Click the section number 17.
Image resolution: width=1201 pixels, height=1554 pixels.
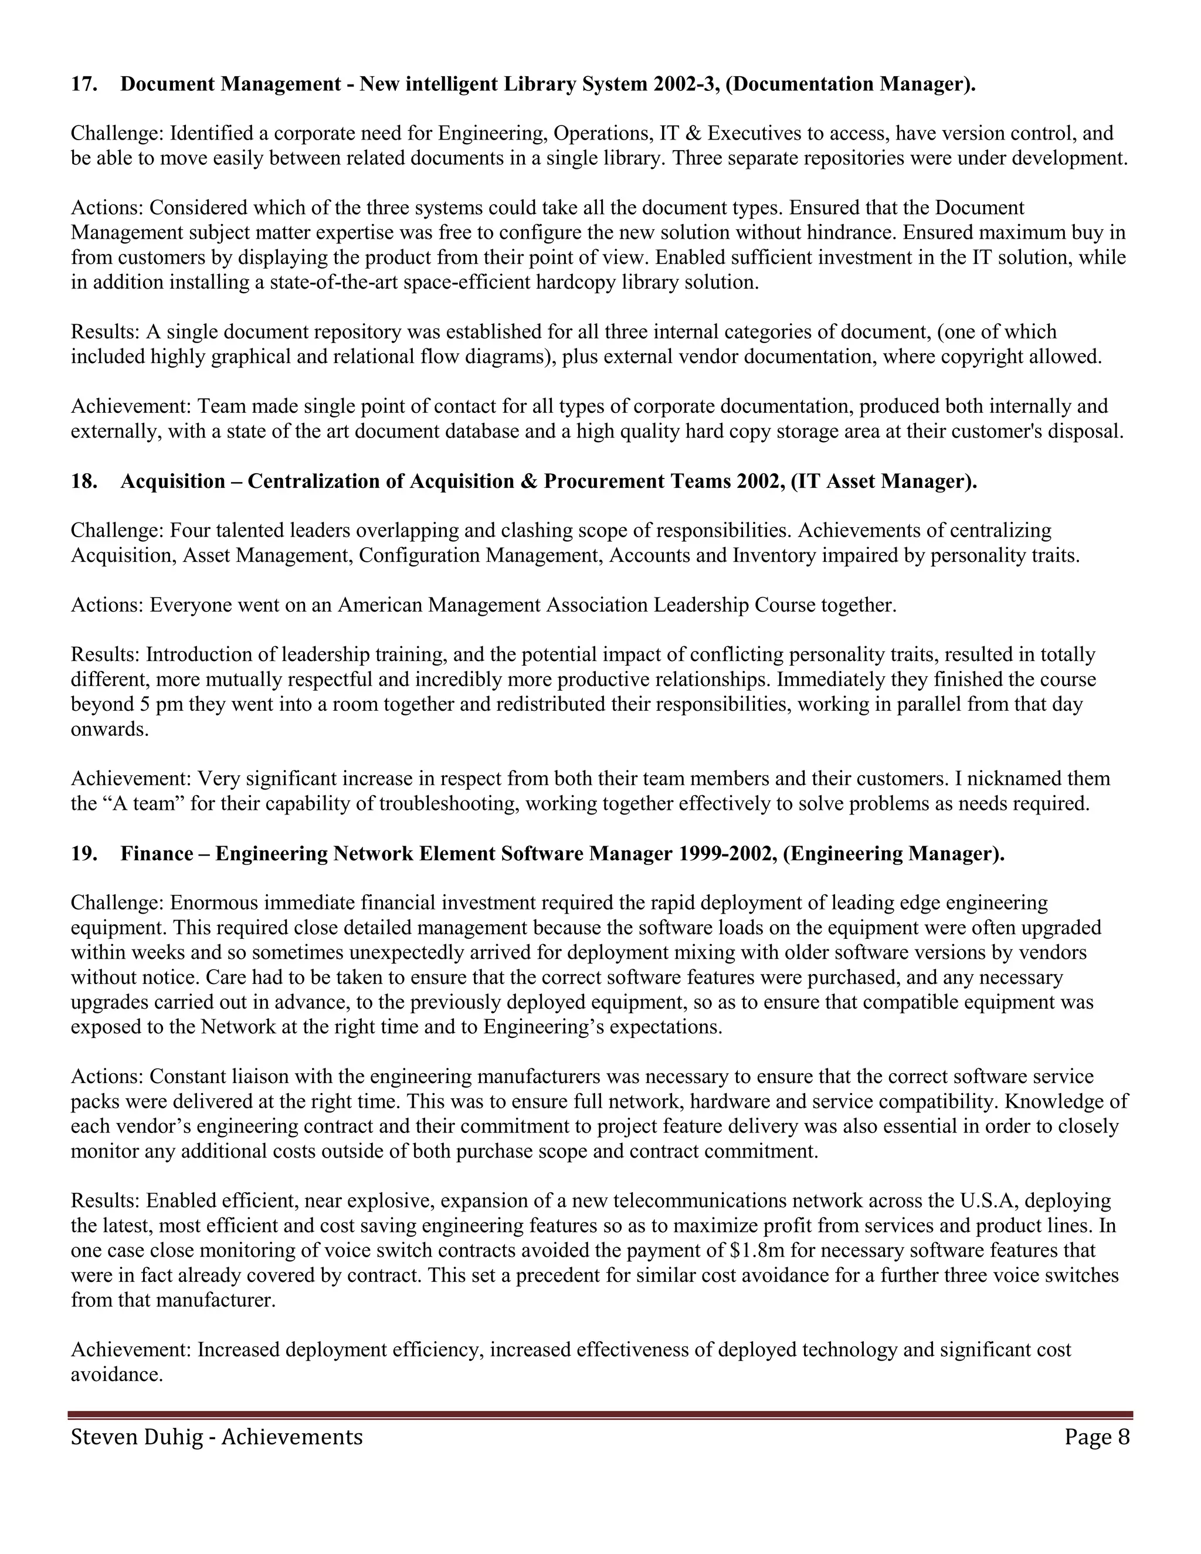point(84,84)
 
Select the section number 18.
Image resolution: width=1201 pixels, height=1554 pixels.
point(84,481)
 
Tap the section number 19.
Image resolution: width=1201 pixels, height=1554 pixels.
point(84,854)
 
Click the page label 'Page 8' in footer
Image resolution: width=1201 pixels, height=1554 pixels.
point(1097,1437)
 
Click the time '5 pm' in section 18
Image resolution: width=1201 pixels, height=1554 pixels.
point(151,704)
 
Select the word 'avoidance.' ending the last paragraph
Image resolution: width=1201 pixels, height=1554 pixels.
point(117,1374)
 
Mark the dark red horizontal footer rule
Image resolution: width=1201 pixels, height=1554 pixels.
point(600,1415)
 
